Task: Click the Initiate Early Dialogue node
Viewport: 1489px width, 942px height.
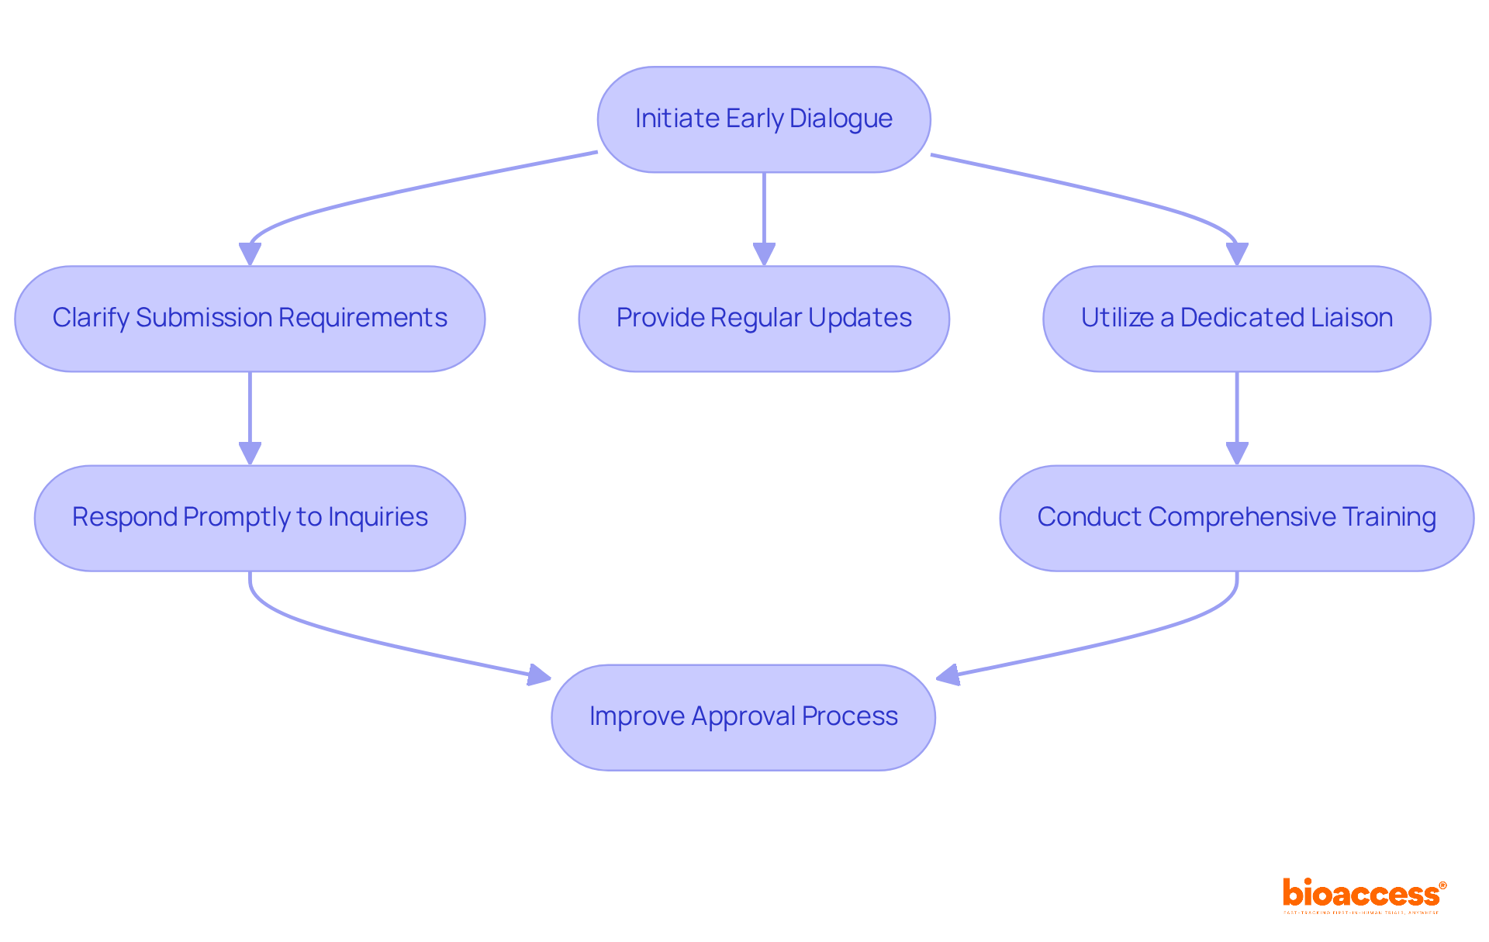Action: [x=764, y=119]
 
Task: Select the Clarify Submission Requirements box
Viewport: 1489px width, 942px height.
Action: [x=250, y=319]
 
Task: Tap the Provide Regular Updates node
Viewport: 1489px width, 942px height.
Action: [x=764, y=319]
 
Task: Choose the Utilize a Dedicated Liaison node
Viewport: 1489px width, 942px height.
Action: [x=1236, y=319]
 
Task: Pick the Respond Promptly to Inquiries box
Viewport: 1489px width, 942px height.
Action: [x=250, y=518]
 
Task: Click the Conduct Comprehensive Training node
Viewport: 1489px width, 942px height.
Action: [x=1236, y=518]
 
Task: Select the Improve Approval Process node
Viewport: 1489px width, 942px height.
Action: [x=743, y=717]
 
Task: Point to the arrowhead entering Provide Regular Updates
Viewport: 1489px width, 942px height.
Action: [x=764, y=254]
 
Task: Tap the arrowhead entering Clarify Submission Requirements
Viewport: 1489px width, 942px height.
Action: [x=250, y=254]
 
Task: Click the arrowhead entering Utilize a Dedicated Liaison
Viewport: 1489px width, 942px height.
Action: [x=1236, y=254]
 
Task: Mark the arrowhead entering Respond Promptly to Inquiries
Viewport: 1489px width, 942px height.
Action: [x=250, y=453]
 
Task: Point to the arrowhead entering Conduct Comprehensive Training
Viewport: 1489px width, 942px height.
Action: [x=1236, y=453]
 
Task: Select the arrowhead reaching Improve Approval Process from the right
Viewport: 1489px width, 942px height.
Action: [x=948, y=675]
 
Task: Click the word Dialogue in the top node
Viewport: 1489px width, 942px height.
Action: [x=841, y=119]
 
